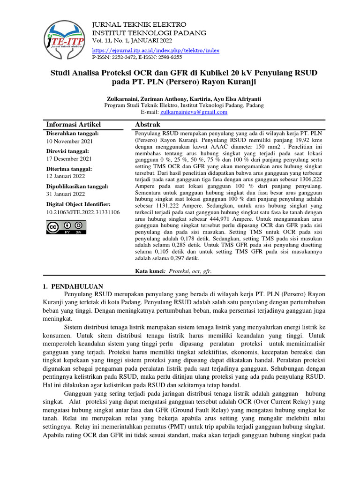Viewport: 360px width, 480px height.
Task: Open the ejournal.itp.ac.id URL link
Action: tap(156, 50)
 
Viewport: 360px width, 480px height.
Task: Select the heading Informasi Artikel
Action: tap(73, 124)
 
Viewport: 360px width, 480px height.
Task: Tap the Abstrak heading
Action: tap(148, 124)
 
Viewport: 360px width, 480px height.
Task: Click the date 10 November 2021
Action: tap(69, 141)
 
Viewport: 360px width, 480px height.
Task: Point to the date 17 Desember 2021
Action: tap(69, 159)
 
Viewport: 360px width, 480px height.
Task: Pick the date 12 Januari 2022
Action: tap(66, 176)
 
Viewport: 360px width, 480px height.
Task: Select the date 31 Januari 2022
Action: tap(66, 194)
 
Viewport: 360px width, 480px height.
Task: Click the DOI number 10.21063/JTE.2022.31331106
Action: tap(83, 212)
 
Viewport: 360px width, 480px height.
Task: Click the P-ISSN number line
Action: tap(137, 57)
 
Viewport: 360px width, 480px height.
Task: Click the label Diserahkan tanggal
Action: tap(72, 134)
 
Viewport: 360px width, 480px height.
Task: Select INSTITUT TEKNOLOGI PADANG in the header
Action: tap(150, 33)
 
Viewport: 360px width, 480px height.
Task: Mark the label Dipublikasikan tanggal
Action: tap(77, 186)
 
